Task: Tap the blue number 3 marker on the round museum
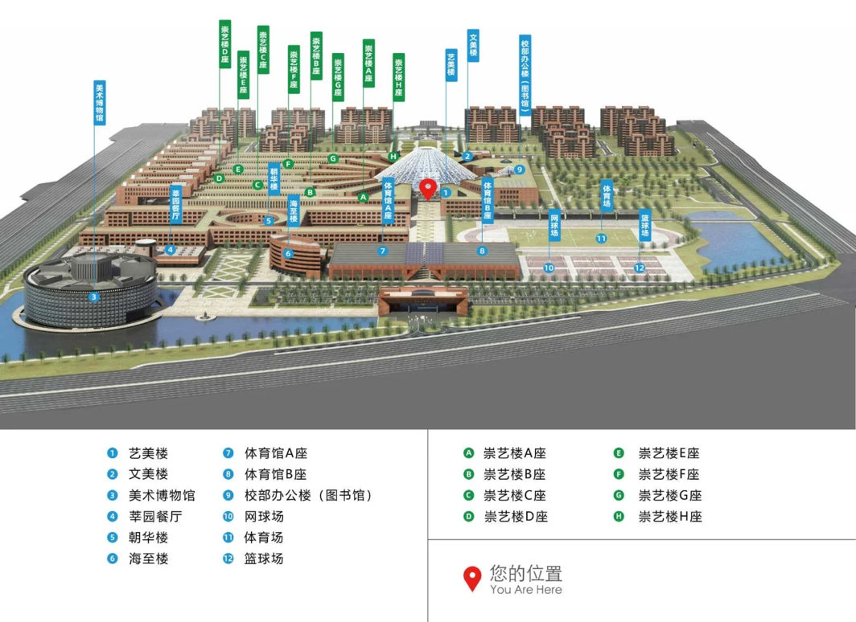coord(94,297)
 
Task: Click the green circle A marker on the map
coord(363,196)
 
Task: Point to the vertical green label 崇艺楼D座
coord(224,44)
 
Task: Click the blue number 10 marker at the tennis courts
coord(549,268)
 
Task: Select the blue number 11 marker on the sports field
coord(601,238)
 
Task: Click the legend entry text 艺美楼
coord(148,453)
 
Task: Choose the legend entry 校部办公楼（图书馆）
coord(308,495)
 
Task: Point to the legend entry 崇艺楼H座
coord(669,516)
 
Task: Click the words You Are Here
coord(525,590)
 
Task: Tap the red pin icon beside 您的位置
coord(472,579)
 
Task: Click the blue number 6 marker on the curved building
coord(288,254)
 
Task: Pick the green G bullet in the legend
coord(619,495)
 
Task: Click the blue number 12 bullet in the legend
coord(228,559)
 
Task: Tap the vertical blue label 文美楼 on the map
coord(474,45)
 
